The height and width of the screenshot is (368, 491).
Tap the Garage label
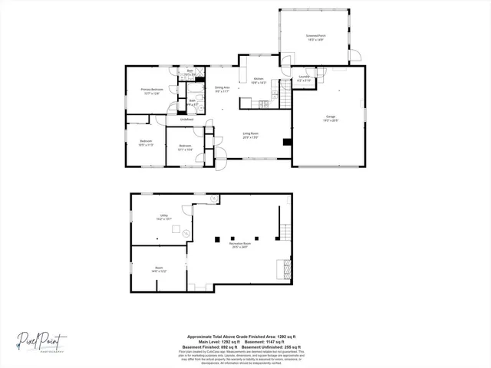click(x=331, y=117)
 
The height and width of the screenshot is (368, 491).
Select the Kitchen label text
click(x=259, y=80)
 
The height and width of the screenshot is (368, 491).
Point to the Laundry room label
click(x=304, y=78)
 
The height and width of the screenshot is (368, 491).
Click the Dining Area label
click(x=223, y=89)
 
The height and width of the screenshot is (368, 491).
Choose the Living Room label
click(x=249, y=135)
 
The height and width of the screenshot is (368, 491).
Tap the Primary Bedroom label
click(x=150, y=91)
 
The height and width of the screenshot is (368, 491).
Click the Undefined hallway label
click(x=186, y=119)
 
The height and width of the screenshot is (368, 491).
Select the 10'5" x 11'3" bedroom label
click(x=146, y=142)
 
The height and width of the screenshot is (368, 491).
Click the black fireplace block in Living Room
click(x=286, y=141)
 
